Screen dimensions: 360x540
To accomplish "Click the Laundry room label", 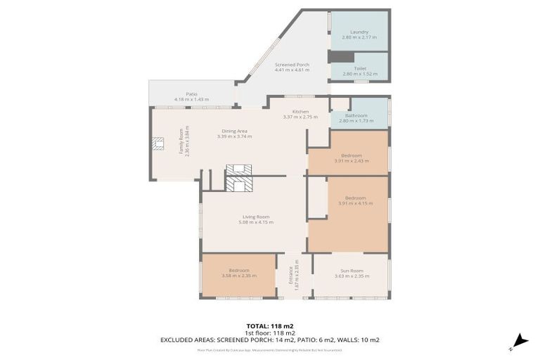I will coord(359,32).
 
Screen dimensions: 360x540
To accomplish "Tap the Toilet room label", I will coord(359,68).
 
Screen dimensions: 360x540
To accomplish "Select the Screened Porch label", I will coord(291,65).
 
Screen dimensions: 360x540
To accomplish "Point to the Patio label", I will coord(191,94).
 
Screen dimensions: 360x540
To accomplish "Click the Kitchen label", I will coord(301,112).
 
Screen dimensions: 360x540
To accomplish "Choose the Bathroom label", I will coord(356,115).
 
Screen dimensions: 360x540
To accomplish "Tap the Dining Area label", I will coord(234,131).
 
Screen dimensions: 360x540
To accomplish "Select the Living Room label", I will coord(256,217).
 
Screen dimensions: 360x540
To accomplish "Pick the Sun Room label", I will coord(352,270).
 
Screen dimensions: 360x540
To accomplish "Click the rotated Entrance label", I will coord(290,275).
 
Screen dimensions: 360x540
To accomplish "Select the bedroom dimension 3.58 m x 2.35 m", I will coord(239,276).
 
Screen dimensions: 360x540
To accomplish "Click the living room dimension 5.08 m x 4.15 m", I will coord(256,222).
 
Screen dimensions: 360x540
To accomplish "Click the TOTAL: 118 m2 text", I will coord(270,326).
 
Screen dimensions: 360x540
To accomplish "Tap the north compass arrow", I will coord(520,340).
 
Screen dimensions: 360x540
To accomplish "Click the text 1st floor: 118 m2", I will coord(270,333).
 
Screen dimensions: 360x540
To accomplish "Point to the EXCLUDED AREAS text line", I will coord(270,340).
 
